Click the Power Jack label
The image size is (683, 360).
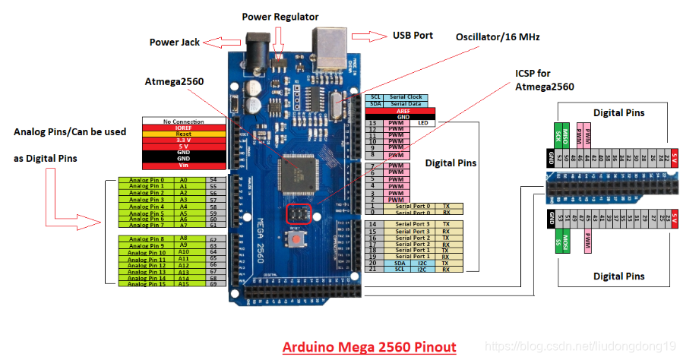174,43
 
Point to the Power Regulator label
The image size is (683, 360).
280,17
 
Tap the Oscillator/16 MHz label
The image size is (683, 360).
504,36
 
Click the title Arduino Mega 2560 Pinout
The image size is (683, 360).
369,347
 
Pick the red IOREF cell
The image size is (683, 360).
183,128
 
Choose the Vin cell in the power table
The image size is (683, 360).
183,165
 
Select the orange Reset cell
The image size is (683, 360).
183,134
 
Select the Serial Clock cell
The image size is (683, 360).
406,97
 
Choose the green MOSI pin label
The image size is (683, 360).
558,241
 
